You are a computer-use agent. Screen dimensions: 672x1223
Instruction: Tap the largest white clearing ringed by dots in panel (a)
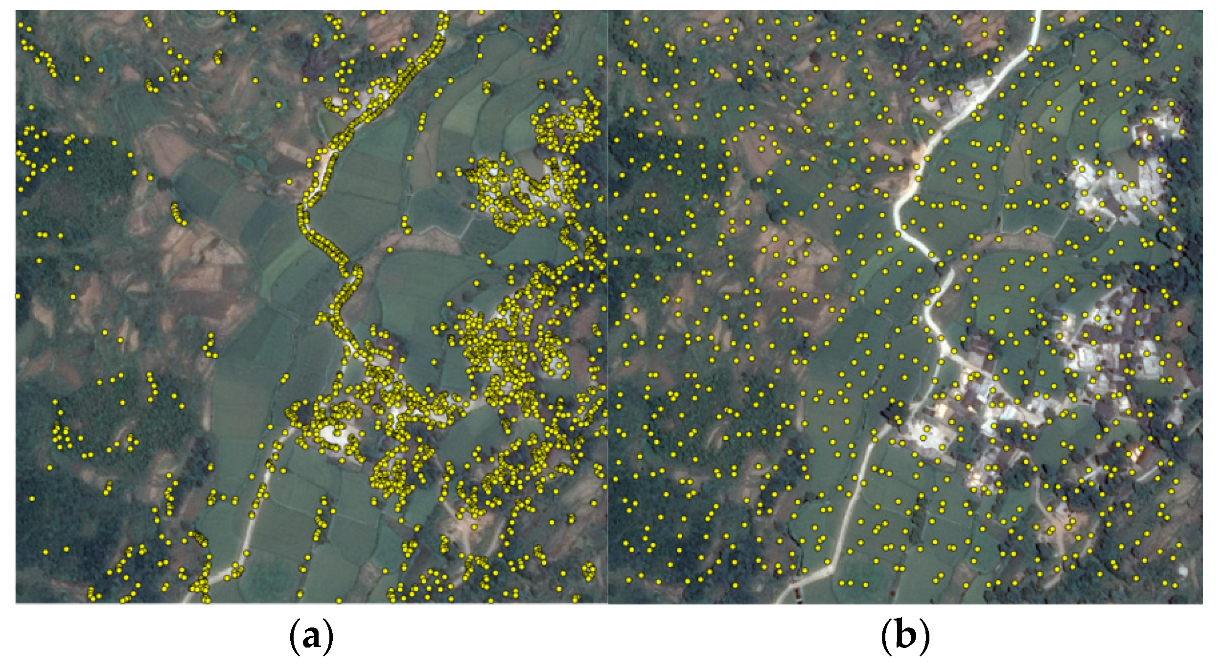point(335,434)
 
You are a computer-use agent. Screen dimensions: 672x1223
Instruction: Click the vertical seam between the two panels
point(608,306)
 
